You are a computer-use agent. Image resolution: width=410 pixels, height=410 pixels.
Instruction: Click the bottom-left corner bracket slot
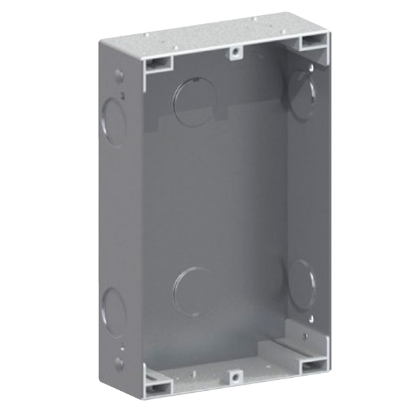(x=156, y=375)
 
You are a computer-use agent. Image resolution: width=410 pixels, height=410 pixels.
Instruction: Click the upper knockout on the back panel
(x=193, y=98)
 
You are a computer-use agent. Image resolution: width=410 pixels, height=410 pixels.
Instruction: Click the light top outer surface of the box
(x=205, y=34)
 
